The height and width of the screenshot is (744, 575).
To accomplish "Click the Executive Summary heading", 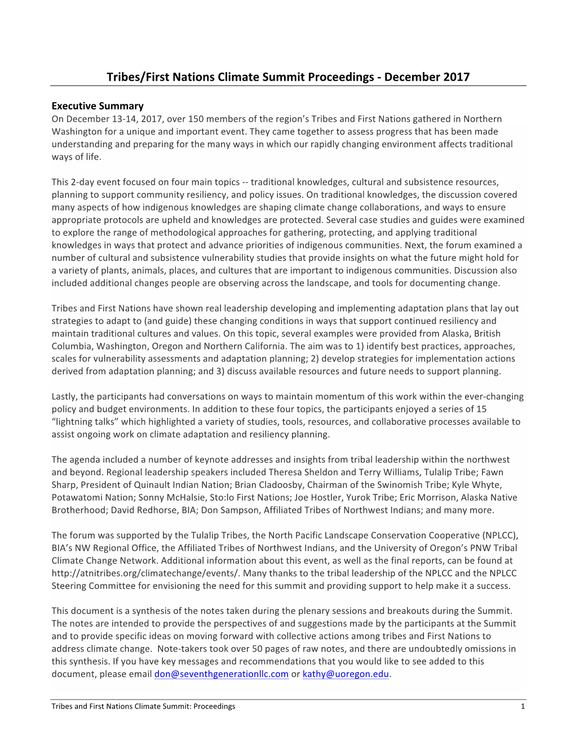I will [98, 106].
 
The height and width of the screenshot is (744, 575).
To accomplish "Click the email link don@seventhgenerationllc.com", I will [221, 674].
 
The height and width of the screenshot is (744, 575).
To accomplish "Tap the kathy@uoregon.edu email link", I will [346, 674].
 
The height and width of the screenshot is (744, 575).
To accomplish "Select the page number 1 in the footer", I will [523, 706].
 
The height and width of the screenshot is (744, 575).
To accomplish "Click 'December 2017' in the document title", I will [427, 77].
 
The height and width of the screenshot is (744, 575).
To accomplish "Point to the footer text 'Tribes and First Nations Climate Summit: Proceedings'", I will [143, 706].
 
